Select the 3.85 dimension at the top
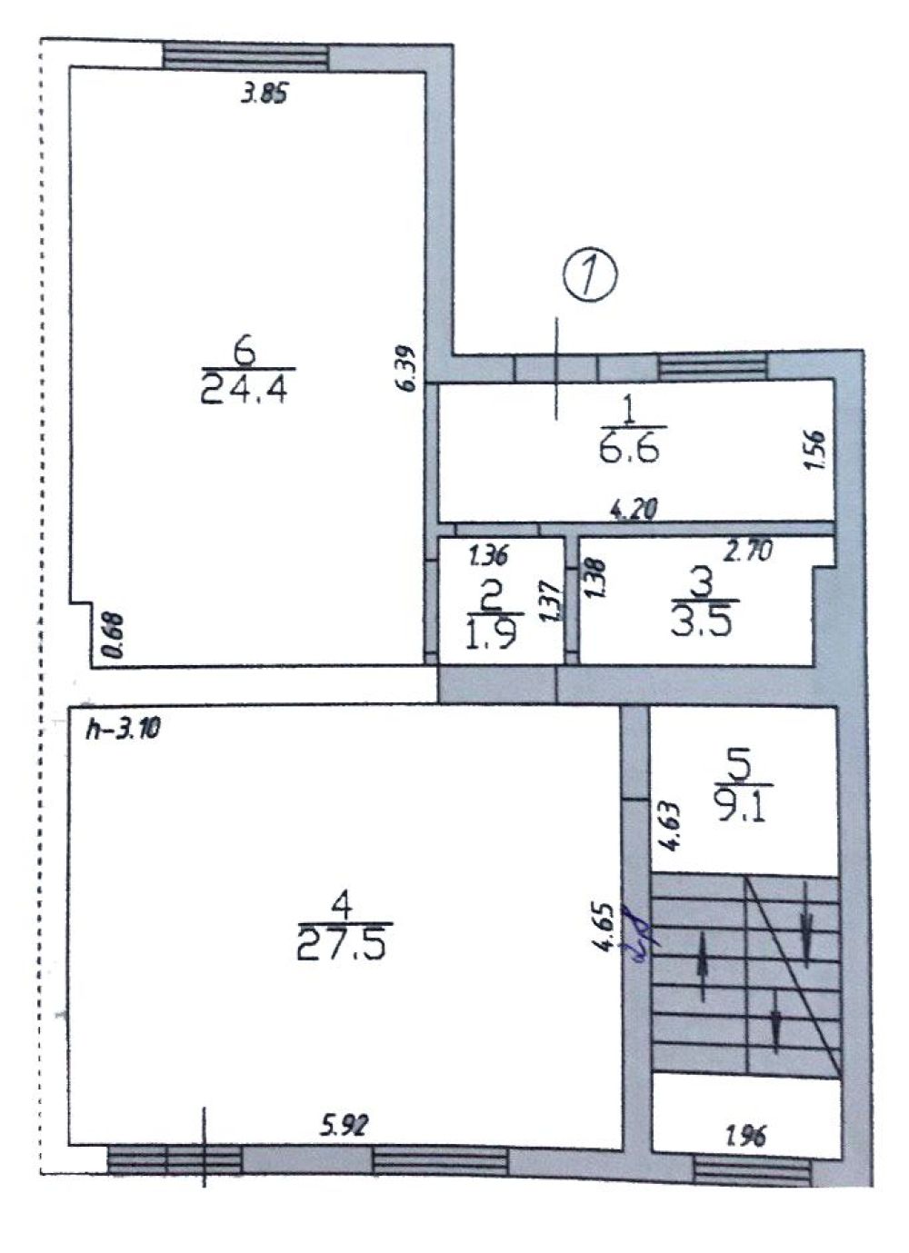[264, 94]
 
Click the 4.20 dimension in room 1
[633, 510]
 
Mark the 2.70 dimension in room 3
[748, 552]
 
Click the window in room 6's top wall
[245, 57]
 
